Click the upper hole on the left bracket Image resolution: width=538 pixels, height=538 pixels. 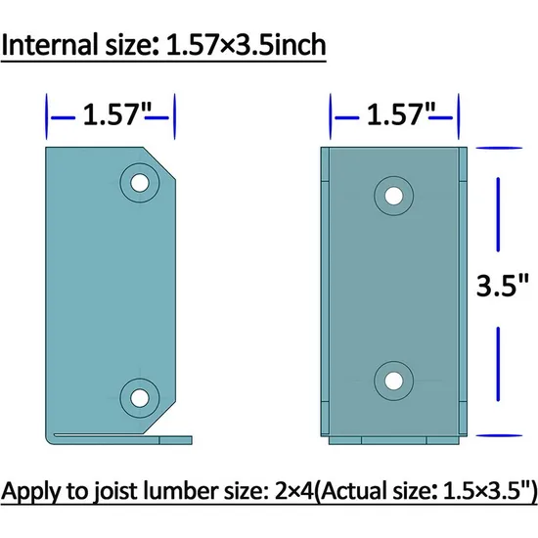[139, 182]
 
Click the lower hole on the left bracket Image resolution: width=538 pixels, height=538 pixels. [139, 396]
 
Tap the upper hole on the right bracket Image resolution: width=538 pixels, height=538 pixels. [393, 195]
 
